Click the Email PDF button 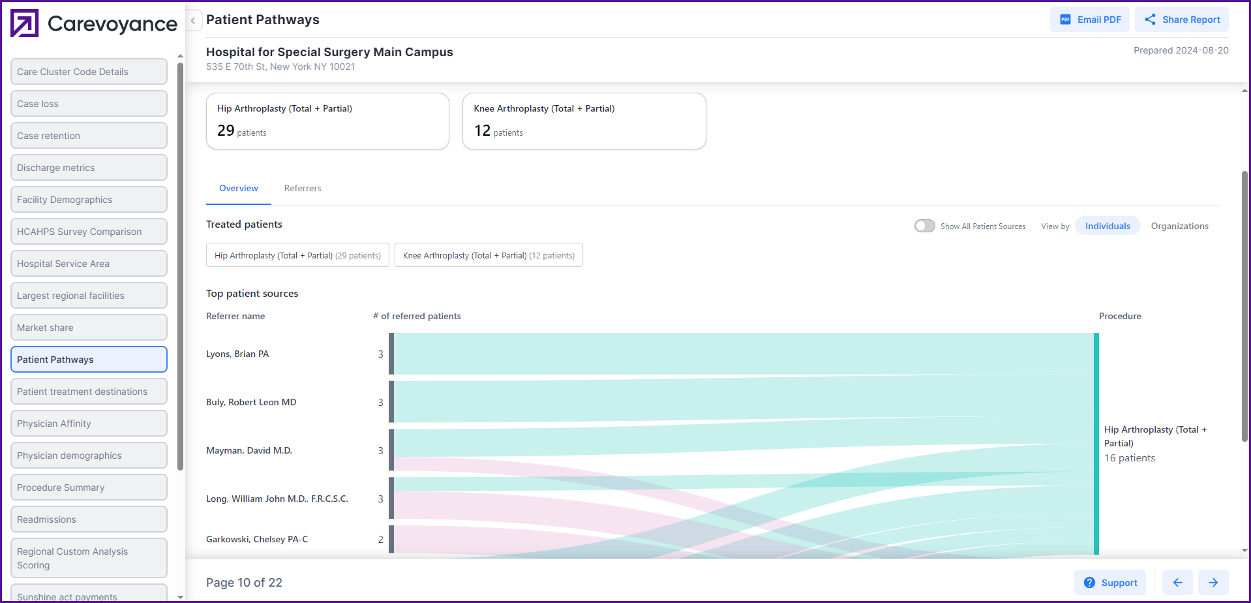coord(1090,20)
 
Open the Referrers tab coord(303,188)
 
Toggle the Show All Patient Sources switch coord(924,226)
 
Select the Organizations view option coord(1179,226)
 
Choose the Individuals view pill coord(1108,226)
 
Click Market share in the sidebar coord(89,328)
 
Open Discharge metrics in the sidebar coord(89,168)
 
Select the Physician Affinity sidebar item coord(89,424)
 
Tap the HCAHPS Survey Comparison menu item coord(89,232)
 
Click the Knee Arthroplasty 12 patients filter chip coord(489,255)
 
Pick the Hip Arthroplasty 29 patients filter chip coord(297,255)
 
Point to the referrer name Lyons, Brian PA coord(237,354)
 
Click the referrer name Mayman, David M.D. coord(249,450)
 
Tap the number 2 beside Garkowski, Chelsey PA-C coord(380,539)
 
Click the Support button coord(1110,583)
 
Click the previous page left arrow coord(1177,583)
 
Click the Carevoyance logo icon coord(25,23)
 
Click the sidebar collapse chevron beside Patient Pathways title coord(193,20)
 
